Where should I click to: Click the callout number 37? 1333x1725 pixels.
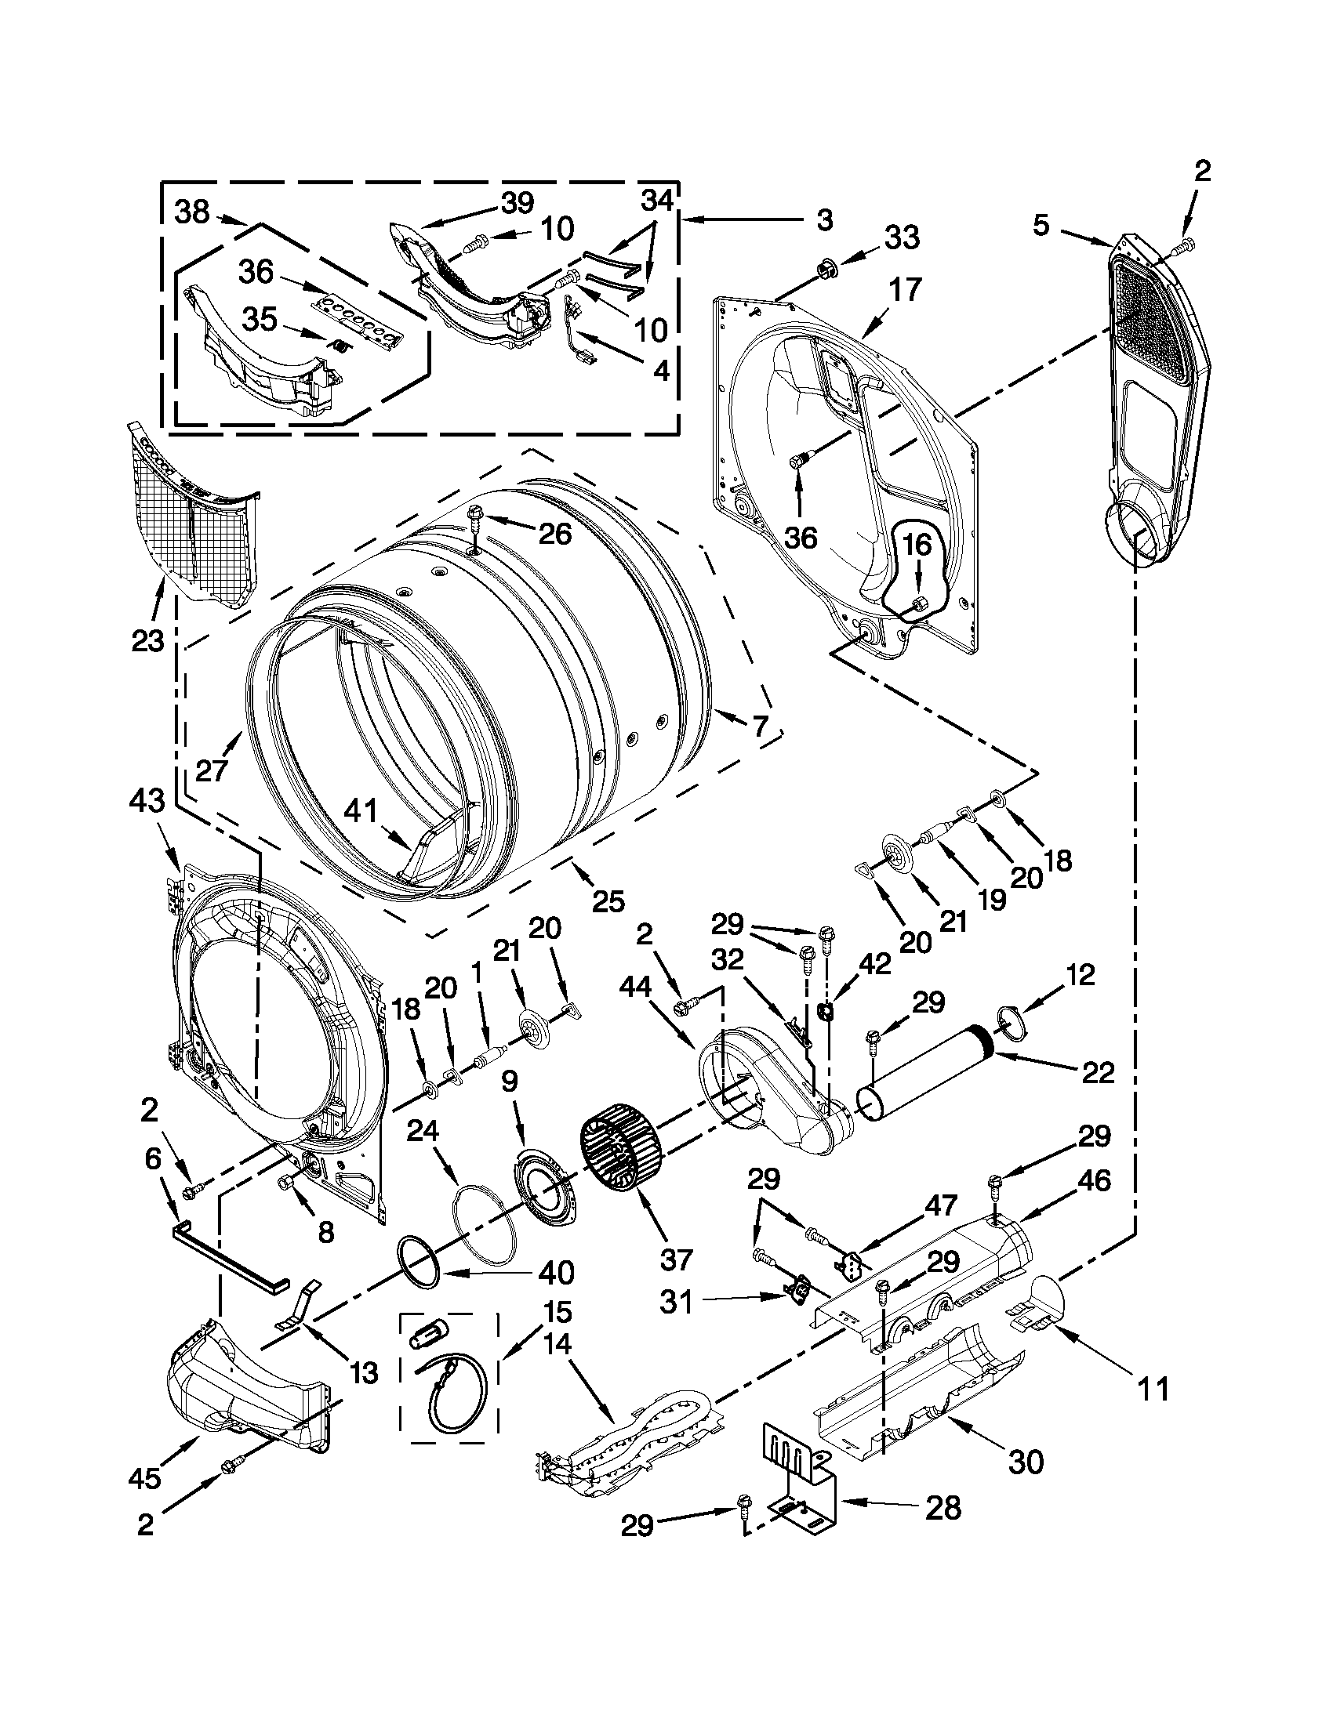[677, 1258]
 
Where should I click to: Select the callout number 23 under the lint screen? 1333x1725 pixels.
[147, 640]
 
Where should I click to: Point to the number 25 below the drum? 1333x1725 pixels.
[608, 901]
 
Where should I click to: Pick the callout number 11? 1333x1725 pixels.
[1152, 1387]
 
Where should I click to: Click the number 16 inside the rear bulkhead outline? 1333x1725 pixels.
[918, 545]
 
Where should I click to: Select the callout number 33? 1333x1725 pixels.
[902, 237]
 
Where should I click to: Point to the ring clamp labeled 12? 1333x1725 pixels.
[1012, 1020]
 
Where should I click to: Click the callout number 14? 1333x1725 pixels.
[558, 1342]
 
